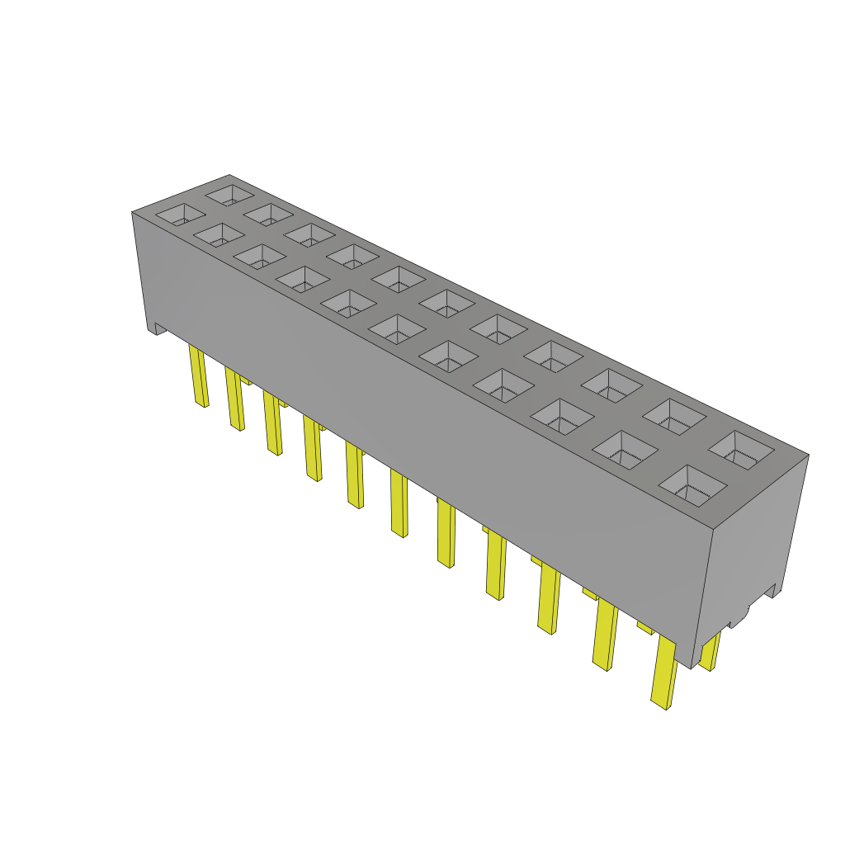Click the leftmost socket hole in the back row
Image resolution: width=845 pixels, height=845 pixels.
230,195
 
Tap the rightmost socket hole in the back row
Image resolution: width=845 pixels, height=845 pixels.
740,449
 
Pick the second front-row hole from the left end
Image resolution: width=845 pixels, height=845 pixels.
220,234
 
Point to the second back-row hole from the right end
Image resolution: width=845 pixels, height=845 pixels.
676,417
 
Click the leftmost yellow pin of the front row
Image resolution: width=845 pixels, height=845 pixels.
198,375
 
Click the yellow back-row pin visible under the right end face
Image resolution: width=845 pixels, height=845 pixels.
709,652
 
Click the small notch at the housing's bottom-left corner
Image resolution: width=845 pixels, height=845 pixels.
155,329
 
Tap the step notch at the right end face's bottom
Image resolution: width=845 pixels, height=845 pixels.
770,591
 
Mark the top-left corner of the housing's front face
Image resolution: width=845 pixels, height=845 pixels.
133,213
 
